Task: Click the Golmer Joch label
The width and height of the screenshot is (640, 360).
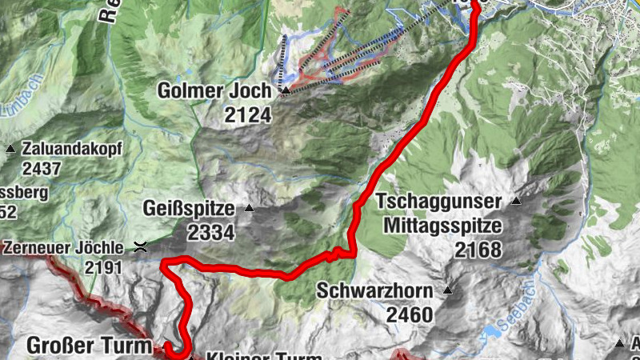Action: coord(214,91)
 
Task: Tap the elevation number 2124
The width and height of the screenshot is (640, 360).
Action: coord(248,115)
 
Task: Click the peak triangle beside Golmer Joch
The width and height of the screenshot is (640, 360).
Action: coord(285,91)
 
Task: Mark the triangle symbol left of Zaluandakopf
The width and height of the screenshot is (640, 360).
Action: coord(10,149)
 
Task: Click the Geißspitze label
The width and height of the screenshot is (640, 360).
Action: coord(189,210)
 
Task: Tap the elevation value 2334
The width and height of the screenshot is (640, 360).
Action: coord(211,233)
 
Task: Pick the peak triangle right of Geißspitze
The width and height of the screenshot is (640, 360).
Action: coord(249,209)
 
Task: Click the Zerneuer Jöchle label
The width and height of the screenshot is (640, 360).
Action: coord(63,246)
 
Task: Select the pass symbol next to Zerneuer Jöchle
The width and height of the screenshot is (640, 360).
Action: coord(141,246)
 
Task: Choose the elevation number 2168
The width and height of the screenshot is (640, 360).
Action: coord(478,250)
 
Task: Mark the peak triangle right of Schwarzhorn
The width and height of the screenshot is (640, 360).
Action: coord(448,290)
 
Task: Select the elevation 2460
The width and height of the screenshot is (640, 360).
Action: coord(410,314)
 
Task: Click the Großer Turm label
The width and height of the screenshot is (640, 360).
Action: coord(89,346)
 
